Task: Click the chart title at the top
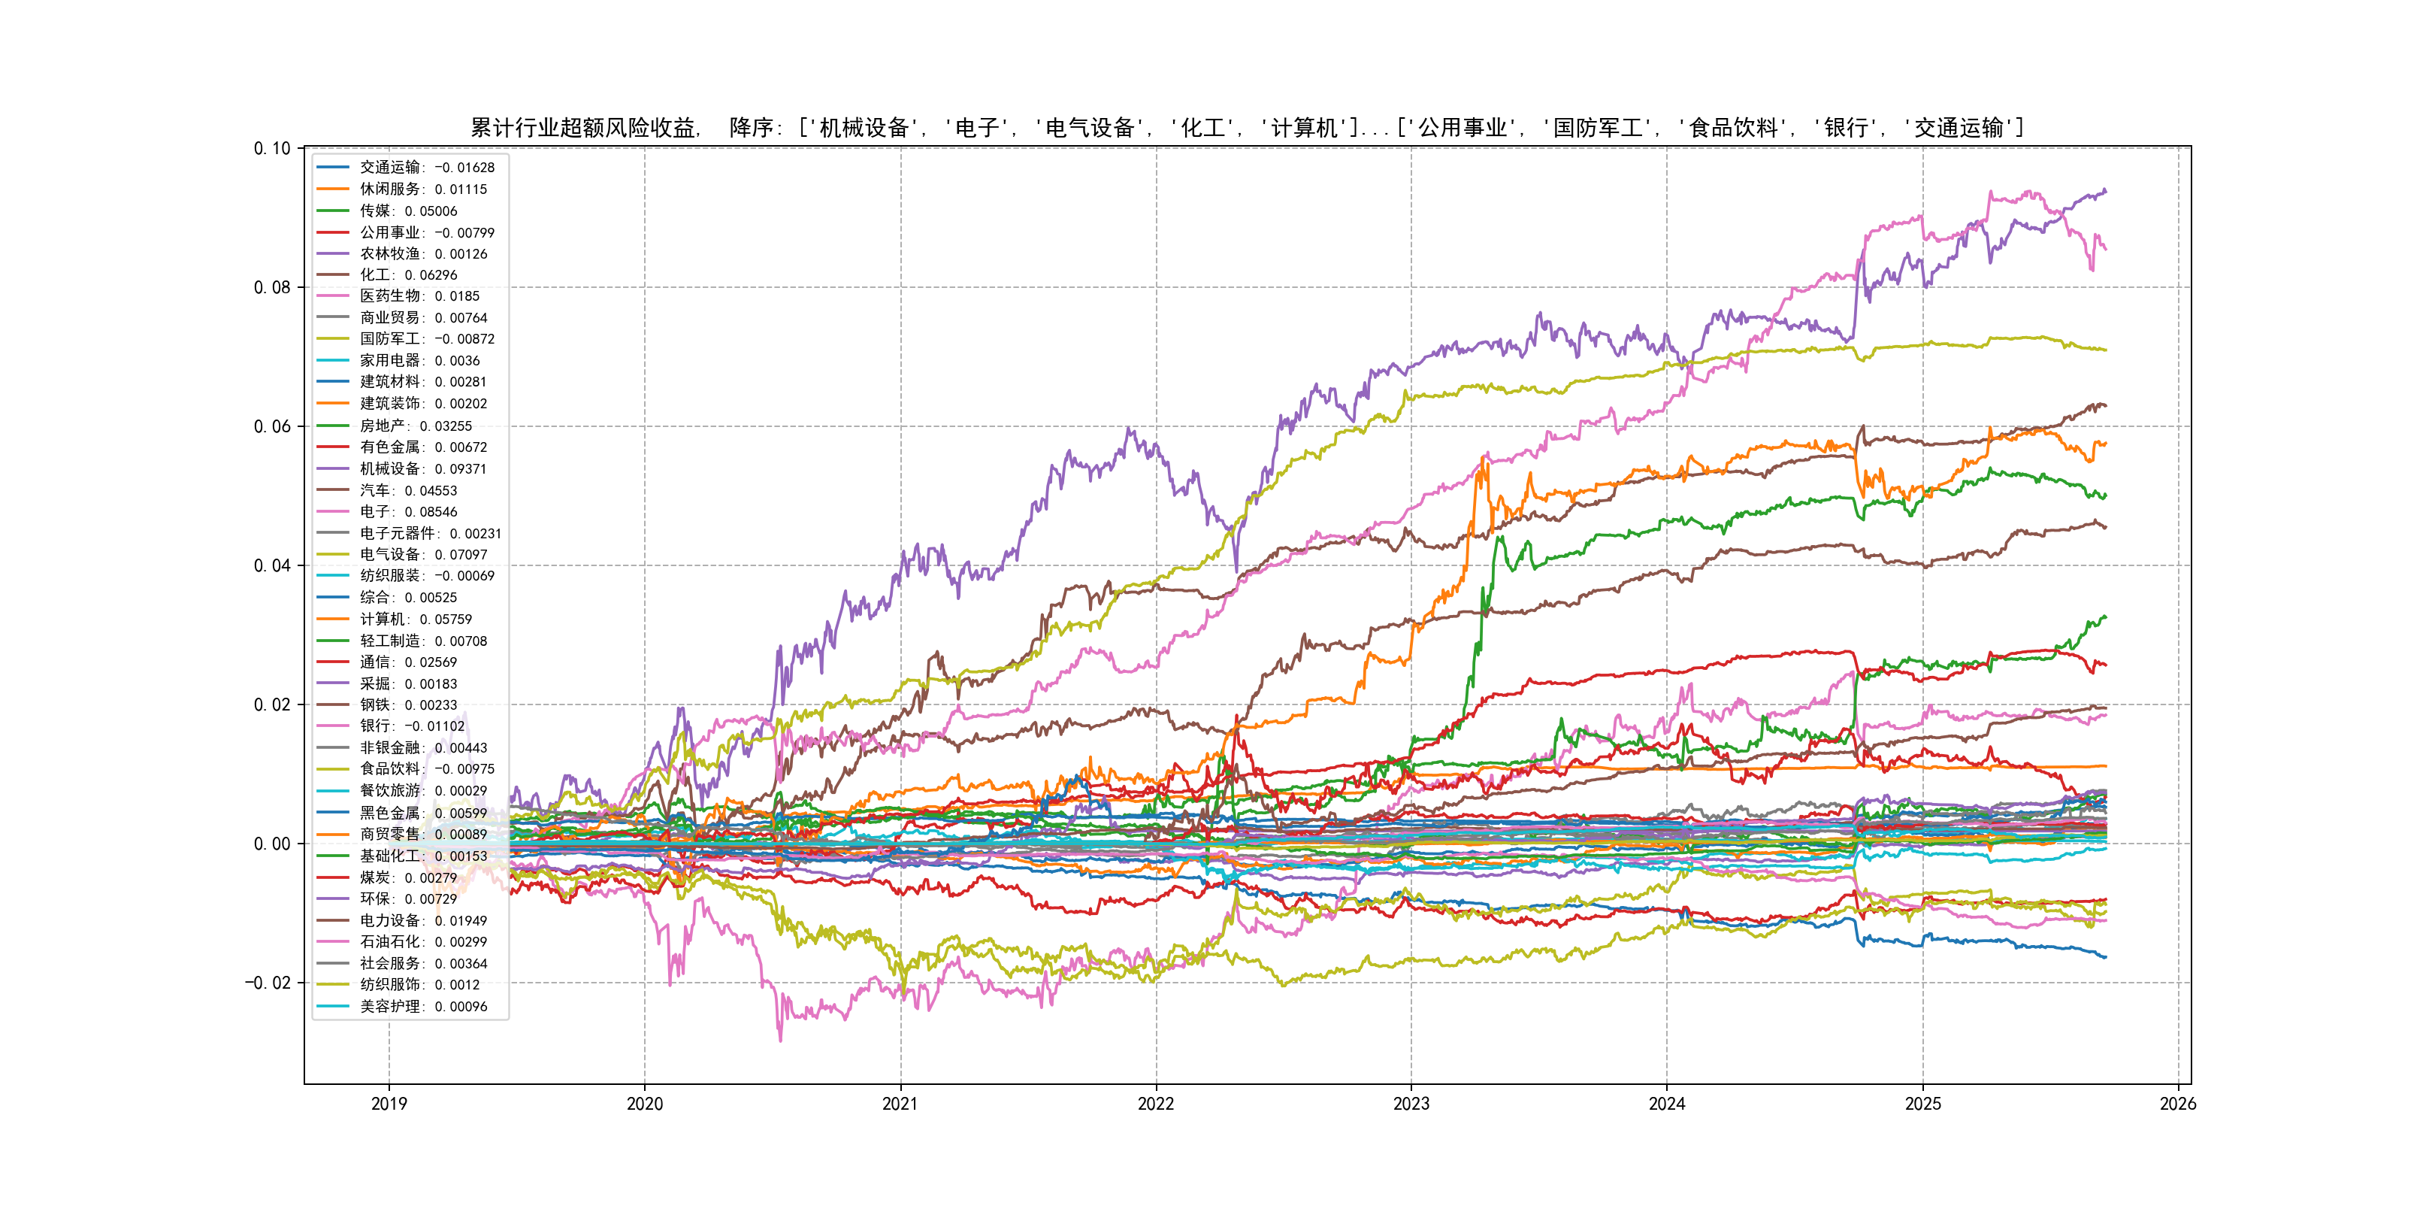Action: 1247,128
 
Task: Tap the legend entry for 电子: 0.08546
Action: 407,511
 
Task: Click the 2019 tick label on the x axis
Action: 389,1104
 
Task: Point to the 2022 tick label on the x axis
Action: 1155,1104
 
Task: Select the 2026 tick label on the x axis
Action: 2178,1104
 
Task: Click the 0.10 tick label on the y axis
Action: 272,148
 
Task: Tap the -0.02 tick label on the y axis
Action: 268,983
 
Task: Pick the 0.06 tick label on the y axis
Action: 272,426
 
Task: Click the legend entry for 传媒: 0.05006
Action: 407,211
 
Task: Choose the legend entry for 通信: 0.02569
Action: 407,662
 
